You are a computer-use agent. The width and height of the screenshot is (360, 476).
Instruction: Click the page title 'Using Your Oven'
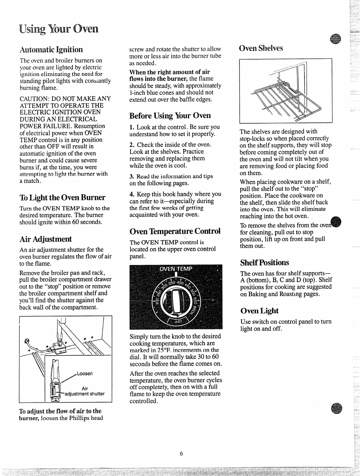coord(59,28)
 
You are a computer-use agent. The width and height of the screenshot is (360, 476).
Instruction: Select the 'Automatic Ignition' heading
coord(51,49)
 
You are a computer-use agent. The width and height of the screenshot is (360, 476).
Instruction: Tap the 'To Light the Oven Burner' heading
coord(62,197)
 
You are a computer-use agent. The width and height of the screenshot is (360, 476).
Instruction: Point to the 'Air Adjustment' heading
coord(45,239)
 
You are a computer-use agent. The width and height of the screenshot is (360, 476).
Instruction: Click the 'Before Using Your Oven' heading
coord(170,115)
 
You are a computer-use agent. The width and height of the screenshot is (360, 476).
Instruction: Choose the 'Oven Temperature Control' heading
coord(175,231)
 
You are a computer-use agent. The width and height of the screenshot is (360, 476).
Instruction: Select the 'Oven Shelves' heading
coord(261,48)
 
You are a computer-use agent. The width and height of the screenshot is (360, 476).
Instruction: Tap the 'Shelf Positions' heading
coord(265,262)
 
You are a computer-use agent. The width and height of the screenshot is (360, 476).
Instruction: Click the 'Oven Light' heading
coord(259,311)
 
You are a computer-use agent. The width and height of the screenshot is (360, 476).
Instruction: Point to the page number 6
coord(181,454)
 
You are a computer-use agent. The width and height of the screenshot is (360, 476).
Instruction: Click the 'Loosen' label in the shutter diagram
coord(85,373)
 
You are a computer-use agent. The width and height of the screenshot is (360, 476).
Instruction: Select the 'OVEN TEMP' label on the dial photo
coord(176,269)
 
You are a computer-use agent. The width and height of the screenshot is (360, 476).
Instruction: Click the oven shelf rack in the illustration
coord(287,100)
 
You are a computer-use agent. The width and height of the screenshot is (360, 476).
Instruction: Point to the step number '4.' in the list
coord(132,194)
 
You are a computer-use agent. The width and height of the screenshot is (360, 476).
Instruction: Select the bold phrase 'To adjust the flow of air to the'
coord(60,411)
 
